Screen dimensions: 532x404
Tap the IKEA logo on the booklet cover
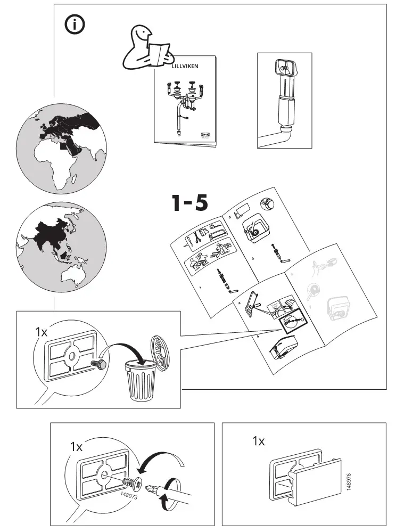coord(204,135)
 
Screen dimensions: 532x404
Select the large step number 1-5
coord(189,203)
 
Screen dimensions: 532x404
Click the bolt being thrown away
coord(98,364)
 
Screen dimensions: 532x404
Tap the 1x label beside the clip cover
coord(259,441)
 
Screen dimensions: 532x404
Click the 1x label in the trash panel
coord(41,331)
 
